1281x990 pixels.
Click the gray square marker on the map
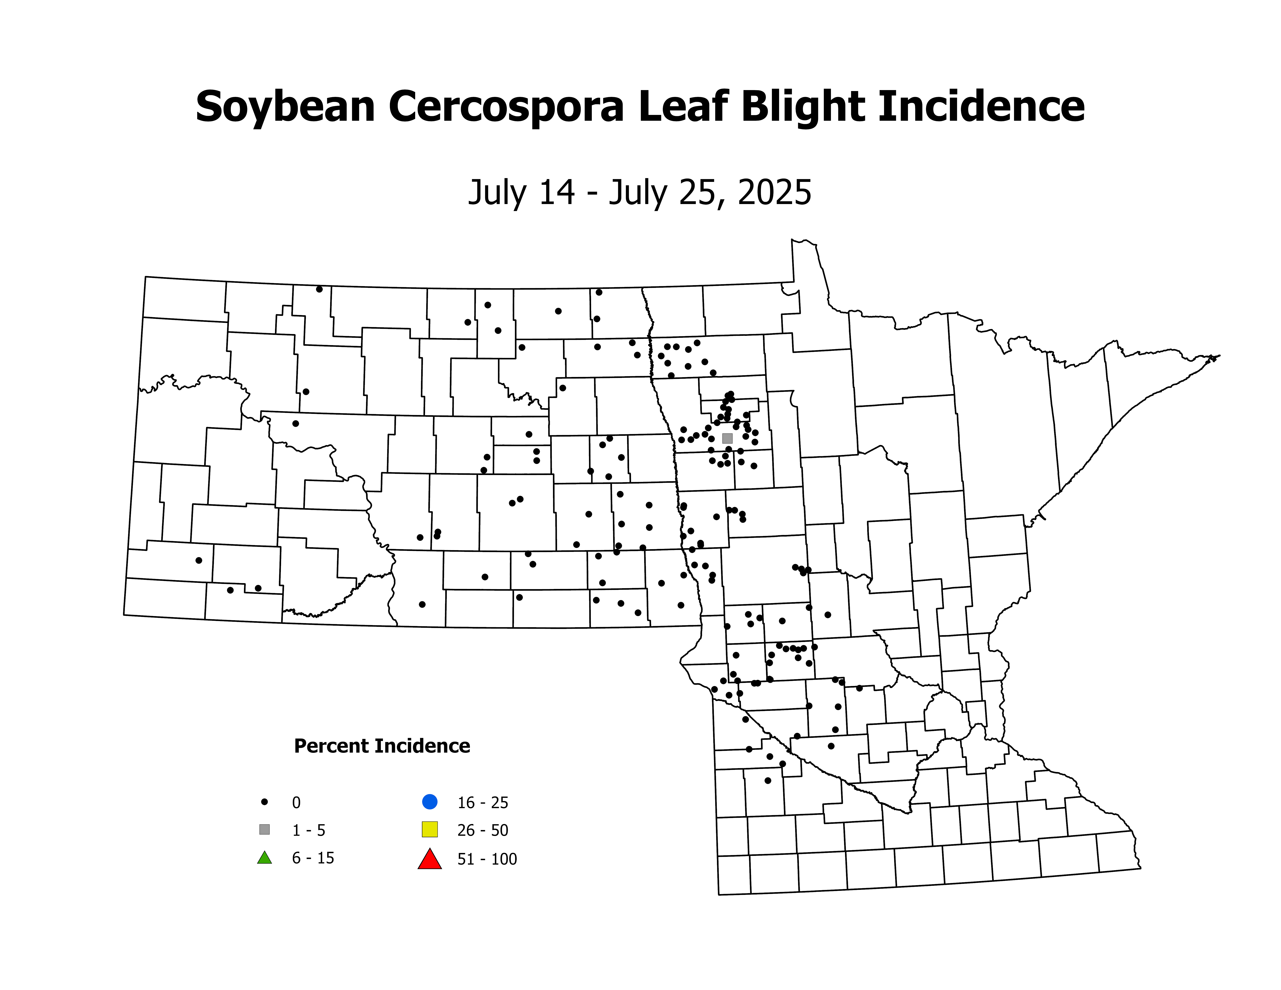pos(727,438)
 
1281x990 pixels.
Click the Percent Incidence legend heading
pos(382,746)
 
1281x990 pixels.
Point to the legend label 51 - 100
pos(487,859)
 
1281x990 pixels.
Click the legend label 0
pos(296,802)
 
